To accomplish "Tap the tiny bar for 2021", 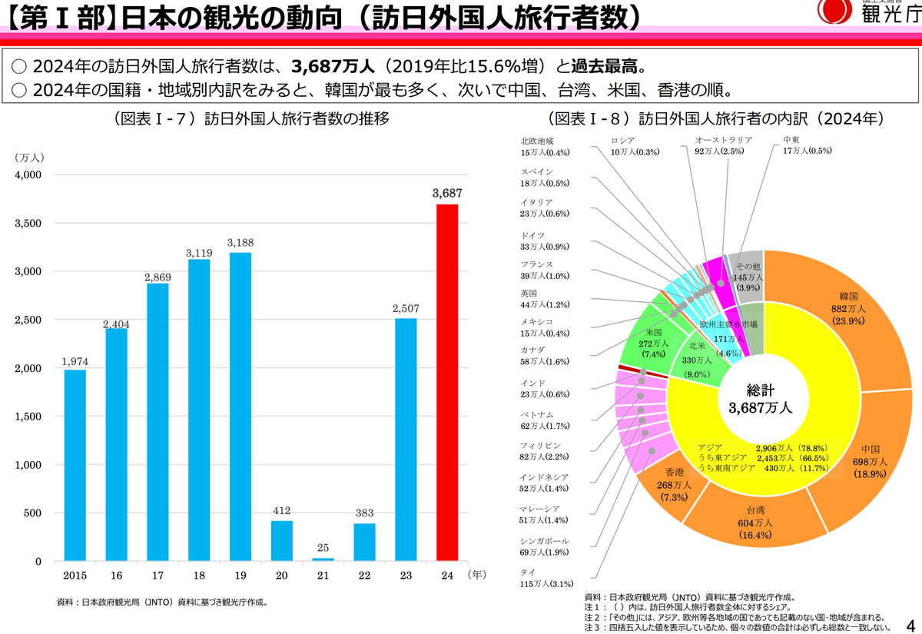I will [323, 559].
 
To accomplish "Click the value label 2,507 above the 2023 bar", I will [406, 309].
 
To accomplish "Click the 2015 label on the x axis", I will [75, 574].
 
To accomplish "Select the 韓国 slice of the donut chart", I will [845, 323].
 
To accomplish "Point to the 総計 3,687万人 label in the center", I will [760, 399].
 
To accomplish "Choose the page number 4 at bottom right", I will [910, 623].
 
